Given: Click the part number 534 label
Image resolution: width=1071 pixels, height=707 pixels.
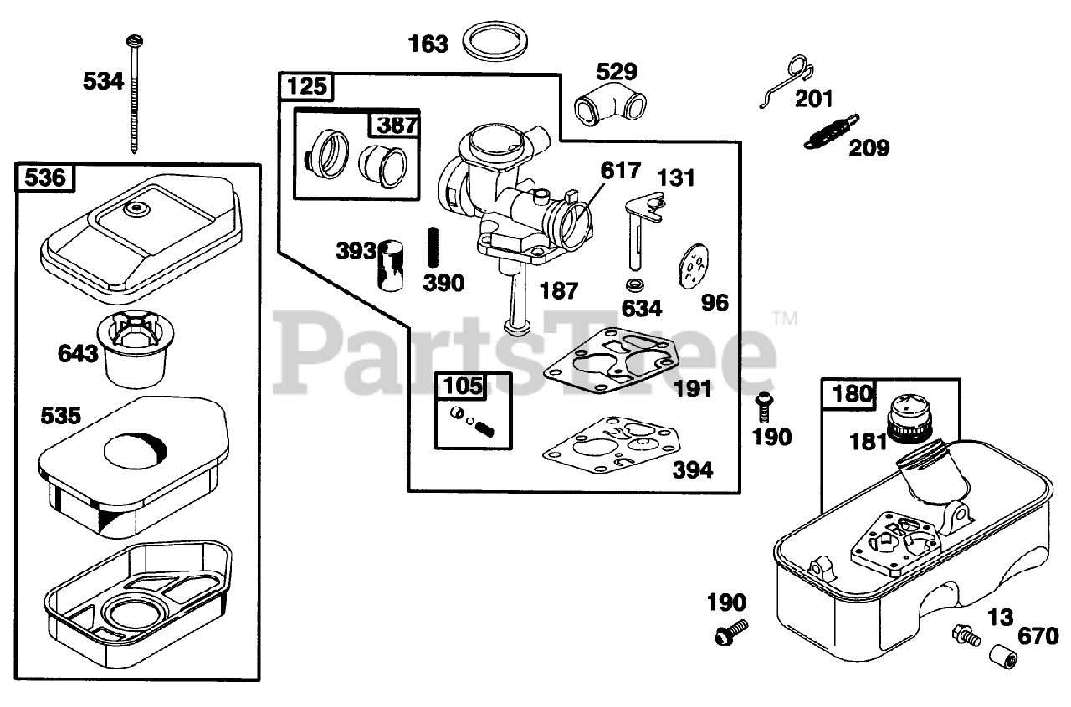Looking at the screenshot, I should [x=103, y=81].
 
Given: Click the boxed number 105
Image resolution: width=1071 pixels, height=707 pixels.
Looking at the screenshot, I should [x=463, y=386].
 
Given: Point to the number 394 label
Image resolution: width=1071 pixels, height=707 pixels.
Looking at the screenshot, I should [x=693, y=470].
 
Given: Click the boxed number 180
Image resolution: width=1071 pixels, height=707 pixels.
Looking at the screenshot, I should [x=851, y=392].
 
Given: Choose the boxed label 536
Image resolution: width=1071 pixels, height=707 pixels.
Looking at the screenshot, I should [x=46, y=177].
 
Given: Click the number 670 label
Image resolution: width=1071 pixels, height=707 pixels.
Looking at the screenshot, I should [x=1038, y=637].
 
